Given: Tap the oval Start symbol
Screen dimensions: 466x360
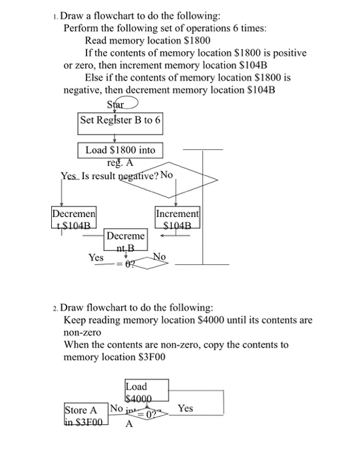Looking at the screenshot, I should point(122,104).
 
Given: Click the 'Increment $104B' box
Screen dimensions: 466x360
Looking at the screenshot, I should point(176,219).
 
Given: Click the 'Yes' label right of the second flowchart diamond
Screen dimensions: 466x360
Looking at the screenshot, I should point(186,408).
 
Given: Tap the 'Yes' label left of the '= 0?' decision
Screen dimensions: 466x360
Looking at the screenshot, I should point(96,257).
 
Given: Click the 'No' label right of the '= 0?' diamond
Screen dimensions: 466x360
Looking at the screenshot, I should point(159,257).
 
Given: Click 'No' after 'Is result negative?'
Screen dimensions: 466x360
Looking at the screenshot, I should point(166,176).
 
